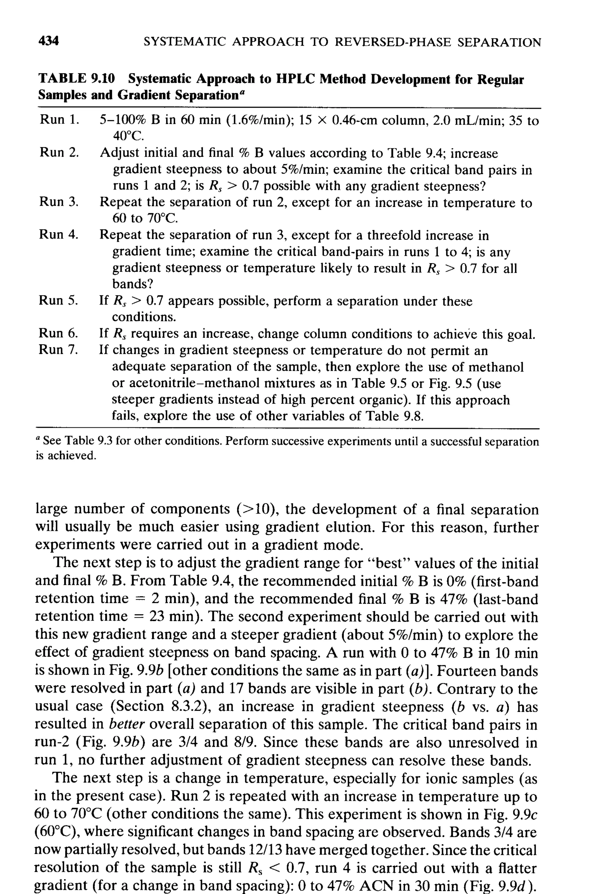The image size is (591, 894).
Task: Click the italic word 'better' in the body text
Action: (x=127, y=724)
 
